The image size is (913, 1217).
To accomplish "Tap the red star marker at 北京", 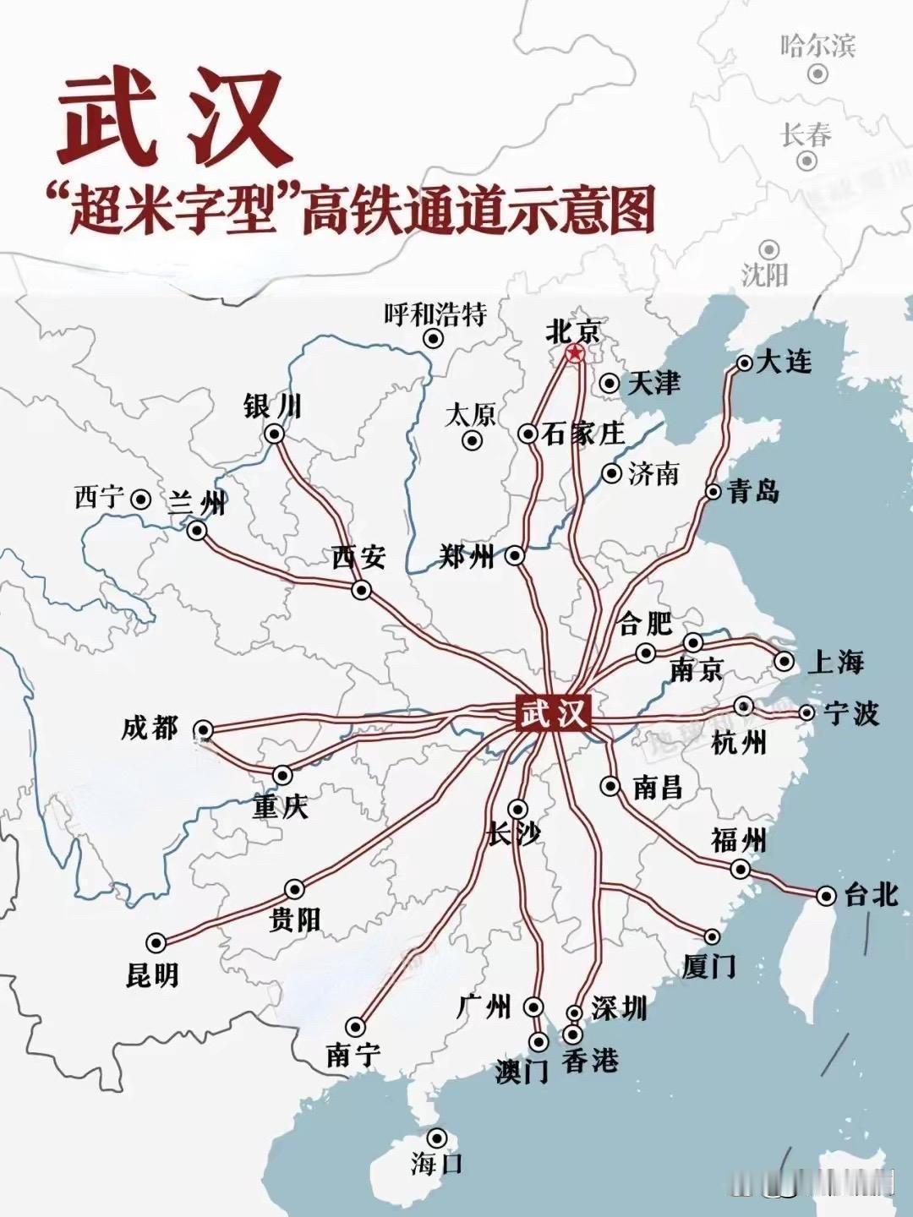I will (574, 353).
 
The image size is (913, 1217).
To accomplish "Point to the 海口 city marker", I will (437, 1138).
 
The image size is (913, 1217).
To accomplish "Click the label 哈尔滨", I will (817, 45).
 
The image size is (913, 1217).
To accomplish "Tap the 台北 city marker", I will (826, 896).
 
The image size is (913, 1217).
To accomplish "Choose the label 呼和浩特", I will (435, 315).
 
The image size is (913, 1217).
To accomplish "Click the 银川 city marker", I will (275, 434).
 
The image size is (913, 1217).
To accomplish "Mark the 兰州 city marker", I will (197, 531).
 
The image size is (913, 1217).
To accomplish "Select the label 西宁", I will (99, 498).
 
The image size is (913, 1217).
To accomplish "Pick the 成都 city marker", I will (203, 730).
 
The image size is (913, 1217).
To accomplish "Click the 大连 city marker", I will (744, 363).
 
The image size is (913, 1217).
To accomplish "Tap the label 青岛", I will (753, 491).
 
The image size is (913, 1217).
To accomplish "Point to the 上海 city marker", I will (785, 661).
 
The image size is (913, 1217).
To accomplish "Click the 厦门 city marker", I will (713, 936).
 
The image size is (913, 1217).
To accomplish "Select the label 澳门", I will (522, 1071).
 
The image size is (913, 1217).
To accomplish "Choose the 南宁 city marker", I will (355, 1027).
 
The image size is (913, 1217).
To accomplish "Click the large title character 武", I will (108, 119).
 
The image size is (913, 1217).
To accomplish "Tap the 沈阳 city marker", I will (768, 249).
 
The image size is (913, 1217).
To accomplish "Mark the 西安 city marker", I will (362, 590).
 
